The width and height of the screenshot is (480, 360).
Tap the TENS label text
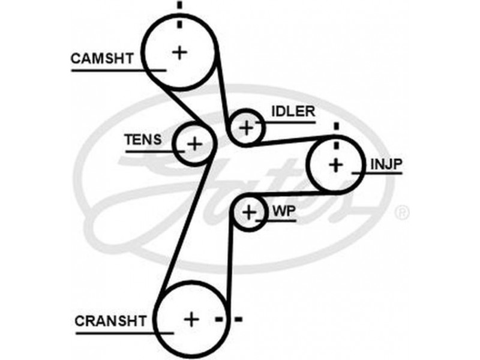pos(142,140)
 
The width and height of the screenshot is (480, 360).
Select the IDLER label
pos(293,112)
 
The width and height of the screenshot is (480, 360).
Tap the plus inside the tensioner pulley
pos(193,143)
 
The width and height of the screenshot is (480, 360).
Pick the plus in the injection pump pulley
pos(335,164)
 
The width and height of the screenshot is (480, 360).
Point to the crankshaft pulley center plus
pos(191,319)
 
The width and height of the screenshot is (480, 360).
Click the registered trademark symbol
pos(403,213)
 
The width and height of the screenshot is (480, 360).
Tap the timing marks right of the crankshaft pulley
pos(229,318)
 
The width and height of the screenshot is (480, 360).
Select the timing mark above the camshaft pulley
pos(179,13)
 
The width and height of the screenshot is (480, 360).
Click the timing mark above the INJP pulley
pos(336,133)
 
